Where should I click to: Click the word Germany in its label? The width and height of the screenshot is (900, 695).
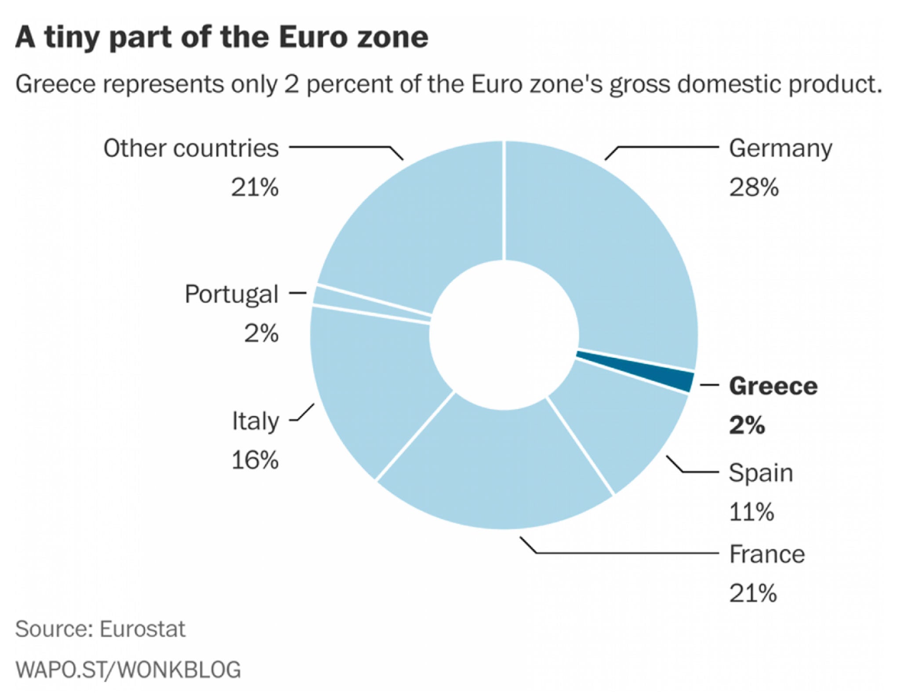780,149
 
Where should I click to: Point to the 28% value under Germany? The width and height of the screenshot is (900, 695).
754,187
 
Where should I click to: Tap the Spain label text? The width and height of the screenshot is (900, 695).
761,473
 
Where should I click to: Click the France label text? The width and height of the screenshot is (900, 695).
767,554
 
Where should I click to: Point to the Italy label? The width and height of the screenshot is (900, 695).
255,421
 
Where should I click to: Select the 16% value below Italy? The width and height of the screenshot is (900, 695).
255,461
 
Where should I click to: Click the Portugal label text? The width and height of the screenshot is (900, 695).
232,294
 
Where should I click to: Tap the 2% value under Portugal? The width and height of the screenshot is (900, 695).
261,333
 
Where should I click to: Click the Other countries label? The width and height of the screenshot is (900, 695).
191,149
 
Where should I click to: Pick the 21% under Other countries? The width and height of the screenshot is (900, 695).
255,187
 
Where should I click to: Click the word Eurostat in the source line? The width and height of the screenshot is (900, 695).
142,629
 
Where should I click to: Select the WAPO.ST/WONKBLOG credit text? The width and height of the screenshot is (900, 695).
128,669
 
